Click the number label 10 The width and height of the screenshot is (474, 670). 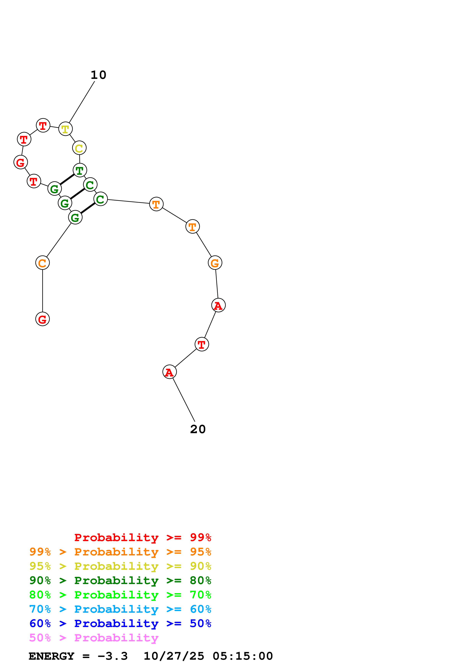click(98, 75)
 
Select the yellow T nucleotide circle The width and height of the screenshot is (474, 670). click(65, 129)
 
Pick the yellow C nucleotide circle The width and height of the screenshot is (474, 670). click(79, 148)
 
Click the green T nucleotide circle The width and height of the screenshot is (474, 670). click(80, 170)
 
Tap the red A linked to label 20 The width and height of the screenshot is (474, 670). click(169, 372)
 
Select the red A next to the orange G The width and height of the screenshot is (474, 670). click(219, 305)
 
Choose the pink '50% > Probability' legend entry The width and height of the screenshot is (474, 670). click(94, 638)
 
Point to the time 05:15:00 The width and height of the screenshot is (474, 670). click(242, 656)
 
